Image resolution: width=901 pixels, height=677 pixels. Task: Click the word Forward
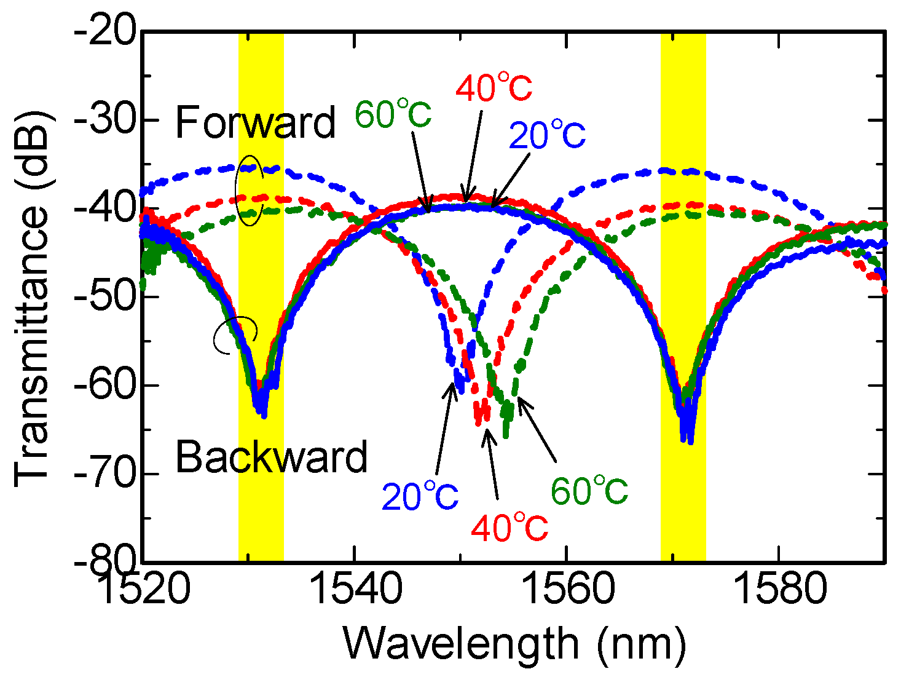click(x=255, y=123)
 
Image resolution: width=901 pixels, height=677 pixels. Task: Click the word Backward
click(x=271, y=457)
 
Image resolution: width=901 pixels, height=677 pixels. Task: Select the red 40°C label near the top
click(x=494, y=88)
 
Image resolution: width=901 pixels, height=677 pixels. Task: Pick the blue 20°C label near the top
click(x=547, y=135)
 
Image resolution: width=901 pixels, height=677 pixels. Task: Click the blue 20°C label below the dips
click(x=420, y=497)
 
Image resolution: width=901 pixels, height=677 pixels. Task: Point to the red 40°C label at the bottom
click(x=510, y=528)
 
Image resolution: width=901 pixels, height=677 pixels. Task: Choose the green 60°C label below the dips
click(x=589, y=491)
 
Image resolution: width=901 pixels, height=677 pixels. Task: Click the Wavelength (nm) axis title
click(x=514, y=644)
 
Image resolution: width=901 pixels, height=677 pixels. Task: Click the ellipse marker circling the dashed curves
click(x=250, y=190)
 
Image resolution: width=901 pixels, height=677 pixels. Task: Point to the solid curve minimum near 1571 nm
click(x=687, y=438)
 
